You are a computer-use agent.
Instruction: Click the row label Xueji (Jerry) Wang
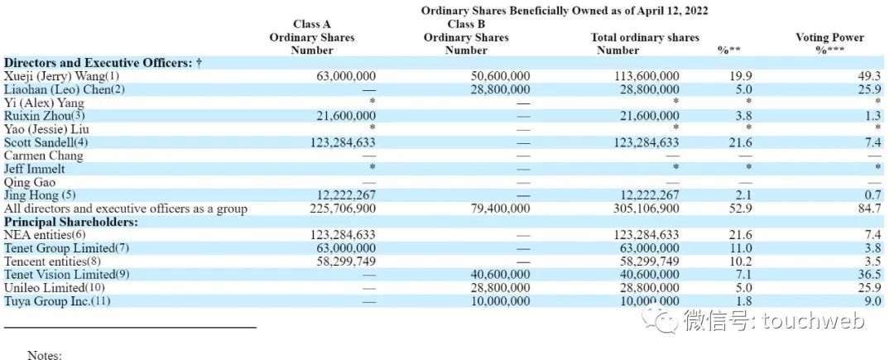[62, 76]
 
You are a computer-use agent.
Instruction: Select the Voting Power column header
[829, 44]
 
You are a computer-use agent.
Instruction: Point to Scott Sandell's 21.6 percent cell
[743, 142]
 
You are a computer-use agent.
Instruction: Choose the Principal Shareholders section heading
[71, 222]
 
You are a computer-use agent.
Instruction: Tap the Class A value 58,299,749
[344, 262]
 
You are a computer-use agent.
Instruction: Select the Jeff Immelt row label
[34, 169]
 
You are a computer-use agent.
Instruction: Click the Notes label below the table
[45, 355]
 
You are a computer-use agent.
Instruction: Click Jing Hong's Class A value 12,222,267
[344, 195]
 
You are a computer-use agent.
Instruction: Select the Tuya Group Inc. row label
[57, 300]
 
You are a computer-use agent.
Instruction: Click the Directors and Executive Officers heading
[103, 63]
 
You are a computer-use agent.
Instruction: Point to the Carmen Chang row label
[43, 156]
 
